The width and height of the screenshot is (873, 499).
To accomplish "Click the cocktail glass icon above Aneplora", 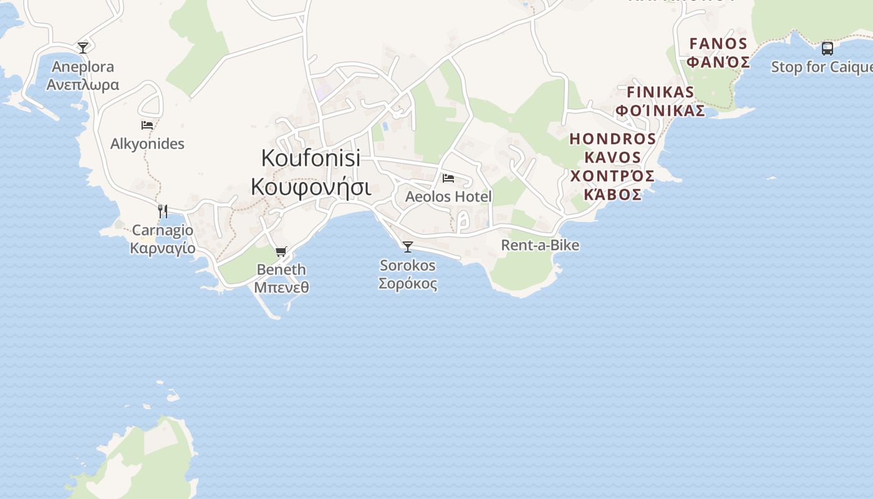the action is pyautogui.click(x=83, y=47).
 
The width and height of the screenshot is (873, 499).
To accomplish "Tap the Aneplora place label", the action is pyautogui.click(x=83, y=67).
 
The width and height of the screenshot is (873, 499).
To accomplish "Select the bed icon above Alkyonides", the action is pyautogui.click(x=147, y=125).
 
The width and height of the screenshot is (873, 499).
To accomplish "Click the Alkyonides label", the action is pyautogui.click(x=147, y=144).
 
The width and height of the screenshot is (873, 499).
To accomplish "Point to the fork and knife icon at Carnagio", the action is pyautogui.click(x=162, y=211).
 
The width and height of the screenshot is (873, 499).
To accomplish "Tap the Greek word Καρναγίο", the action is pyautogui.click(x=162, y=248).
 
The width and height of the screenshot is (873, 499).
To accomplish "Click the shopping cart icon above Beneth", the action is pyautogui.click(x=281, y=251).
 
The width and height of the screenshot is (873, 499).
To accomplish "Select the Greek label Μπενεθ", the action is pyautogui.click(x=281, y=288).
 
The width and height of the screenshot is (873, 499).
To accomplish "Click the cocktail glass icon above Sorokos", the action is pyautogui.click(x=408, y=247).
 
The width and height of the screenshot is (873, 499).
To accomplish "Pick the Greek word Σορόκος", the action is pyautogui.click(x=408, y=284).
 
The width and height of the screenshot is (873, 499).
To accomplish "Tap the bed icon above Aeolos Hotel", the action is pyautogui.click(x=448, y=178).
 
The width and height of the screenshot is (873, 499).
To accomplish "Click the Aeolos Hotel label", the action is pyautogui.click(x=448, y=197).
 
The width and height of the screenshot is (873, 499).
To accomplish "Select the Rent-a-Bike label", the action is pyautogui.click(x=540, y=245).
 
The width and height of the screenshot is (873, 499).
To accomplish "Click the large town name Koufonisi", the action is pyautogui.click(x=311, y=158).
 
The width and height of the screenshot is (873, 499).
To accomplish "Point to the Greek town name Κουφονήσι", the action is pyautogui.click(x=311, y=187).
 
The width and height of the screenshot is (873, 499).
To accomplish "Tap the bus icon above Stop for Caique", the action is pyautogui.click(x=827, y=48).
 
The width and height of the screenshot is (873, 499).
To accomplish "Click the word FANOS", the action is pyautogui.click(x=718, y=44).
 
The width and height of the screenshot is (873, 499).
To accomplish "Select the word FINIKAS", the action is pyautogui.click(x=660, y=92).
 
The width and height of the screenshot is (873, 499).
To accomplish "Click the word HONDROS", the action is pyautogui.click(x=612, y=138).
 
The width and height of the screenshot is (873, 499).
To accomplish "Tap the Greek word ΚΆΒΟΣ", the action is pyautogui.click(x=612, y=195).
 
